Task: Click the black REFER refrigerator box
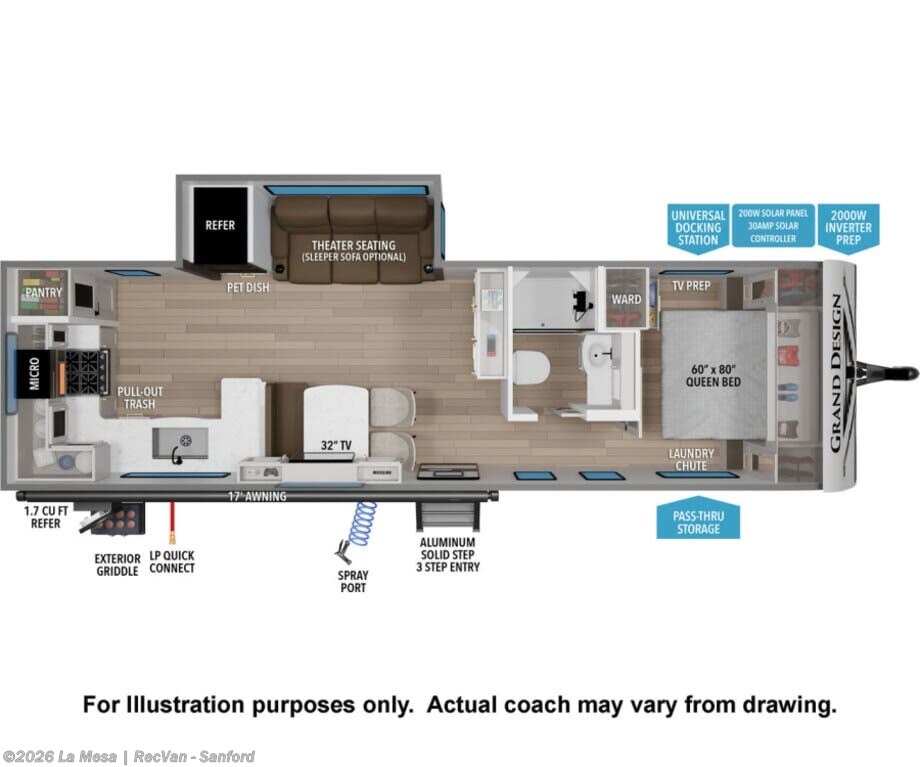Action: pos(221,225)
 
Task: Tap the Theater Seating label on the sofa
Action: pos(353,251)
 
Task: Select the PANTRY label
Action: pos(43,292)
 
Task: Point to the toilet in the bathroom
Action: pos(530,367)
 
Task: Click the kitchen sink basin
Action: pos(180,443)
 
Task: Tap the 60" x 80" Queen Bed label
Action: pos(713,376)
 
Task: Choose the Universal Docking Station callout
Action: pos(698,228)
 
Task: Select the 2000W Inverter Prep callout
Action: pos(848,227)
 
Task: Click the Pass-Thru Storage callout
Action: pos(698,519)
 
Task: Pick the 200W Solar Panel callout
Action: pos(773,226)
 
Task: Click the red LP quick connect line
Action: pos(172,523)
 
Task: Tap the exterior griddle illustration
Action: pos(113,518)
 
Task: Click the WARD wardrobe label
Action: pos(626,299)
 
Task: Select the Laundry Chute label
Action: pos(691,459)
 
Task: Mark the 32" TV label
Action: pos(336,445)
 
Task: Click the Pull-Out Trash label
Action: pos(140,398)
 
